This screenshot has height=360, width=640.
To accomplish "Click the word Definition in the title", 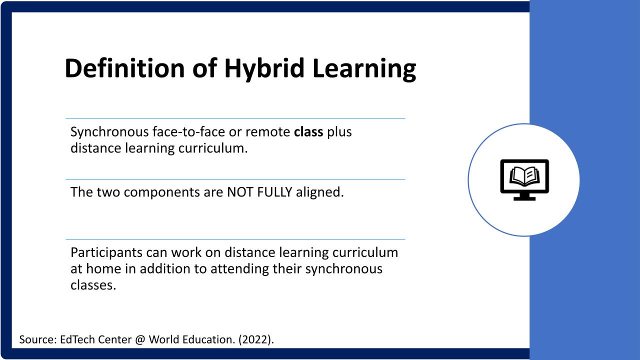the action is [125, 68].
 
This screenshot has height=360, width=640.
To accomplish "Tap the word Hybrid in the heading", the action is [264, 69].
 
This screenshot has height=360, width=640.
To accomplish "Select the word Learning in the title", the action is [364, 69].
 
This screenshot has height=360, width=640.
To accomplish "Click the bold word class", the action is [308, 132].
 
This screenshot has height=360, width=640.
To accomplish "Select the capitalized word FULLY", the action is [274, 192].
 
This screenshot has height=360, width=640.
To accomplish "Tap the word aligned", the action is [319, 192].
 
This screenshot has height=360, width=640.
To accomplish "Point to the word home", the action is [103, 269].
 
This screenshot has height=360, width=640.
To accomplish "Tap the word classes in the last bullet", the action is [93, 285].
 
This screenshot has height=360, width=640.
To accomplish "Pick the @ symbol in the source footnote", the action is [140, 339].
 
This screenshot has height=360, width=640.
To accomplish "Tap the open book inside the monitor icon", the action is [524, 176].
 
